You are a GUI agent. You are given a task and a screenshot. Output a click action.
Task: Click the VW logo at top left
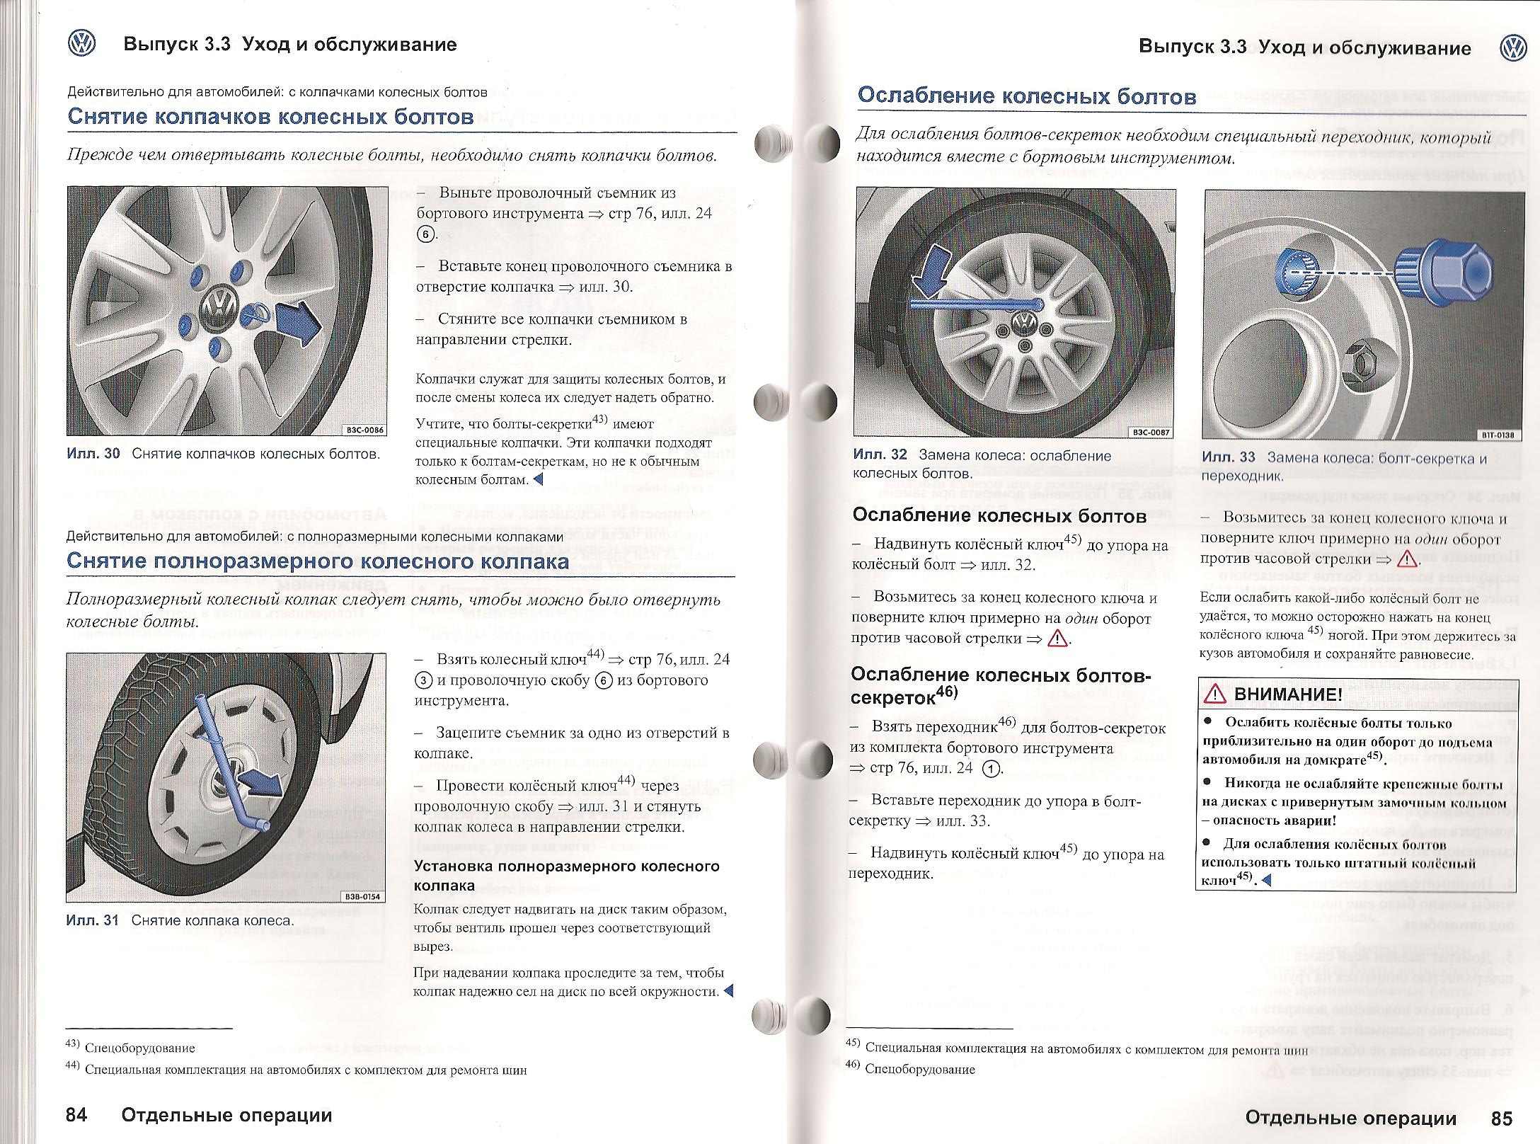coord(81,44)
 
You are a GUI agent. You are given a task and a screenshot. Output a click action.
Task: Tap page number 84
coord(76,1115)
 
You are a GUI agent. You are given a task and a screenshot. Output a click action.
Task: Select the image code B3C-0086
coord(365,430)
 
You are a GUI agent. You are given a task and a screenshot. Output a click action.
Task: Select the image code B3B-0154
coord(362,897)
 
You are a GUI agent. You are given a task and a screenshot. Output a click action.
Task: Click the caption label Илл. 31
coord(92,920)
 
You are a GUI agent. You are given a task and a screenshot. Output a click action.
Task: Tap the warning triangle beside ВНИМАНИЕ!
coord(1214,694)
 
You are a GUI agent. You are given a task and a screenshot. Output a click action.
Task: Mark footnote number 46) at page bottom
coord(854,1068)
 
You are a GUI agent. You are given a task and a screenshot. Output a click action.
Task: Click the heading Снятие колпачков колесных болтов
coord(270,117)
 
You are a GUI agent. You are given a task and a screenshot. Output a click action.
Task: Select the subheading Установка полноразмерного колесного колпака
coord(566,876)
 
